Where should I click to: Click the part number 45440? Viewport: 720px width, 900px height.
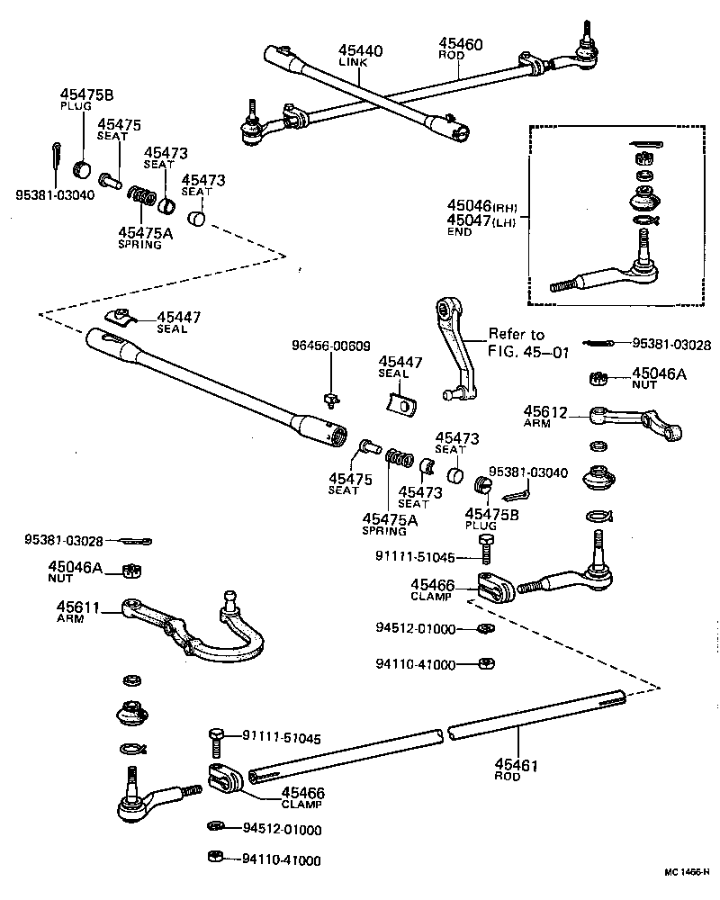[360, 50]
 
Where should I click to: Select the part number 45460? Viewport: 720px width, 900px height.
[461, 42]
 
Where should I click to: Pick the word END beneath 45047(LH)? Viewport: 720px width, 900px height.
[459, 231]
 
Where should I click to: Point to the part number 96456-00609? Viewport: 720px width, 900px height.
[329, 346]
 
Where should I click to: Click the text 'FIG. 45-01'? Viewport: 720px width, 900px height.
[529, 353]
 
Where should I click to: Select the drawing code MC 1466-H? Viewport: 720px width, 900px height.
[686, 873]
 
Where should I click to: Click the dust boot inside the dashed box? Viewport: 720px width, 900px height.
[644, 199]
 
